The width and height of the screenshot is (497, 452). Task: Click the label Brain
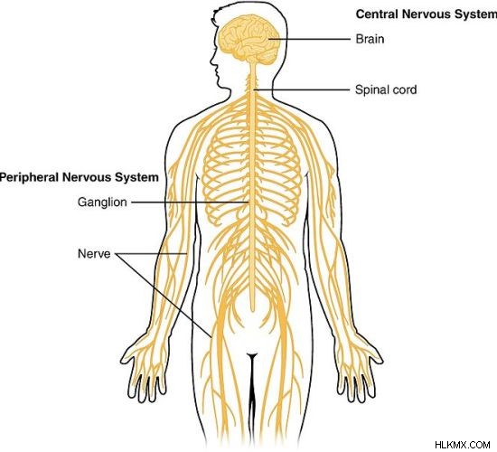click(x=370, y=39)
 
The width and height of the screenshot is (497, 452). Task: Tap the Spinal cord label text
click(x=386, y=89)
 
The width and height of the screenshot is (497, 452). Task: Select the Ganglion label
click(x=102, y=202)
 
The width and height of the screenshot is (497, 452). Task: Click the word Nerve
click(x=94, y=253)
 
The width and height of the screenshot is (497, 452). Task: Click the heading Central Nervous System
click(x=427, y=14)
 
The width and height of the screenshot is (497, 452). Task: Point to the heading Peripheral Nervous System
click(x=80, y=177)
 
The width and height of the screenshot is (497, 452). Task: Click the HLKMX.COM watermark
click(x=463, y=445)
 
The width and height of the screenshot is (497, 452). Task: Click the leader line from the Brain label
click(x=310, y=39)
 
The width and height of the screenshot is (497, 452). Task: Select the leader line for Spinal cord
click(x=302, y=89)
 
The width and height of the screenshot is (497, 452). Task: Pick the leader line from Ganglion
click(x=190, y=202)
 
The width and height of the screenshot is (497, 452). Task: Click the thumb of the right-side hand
click(x=377, y=355)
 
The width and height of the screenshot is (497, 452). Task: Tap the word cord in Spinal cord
click(x=405, y=89)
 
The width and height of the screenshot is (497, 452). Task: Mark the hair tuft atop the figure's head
click(x=220, y=13)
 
